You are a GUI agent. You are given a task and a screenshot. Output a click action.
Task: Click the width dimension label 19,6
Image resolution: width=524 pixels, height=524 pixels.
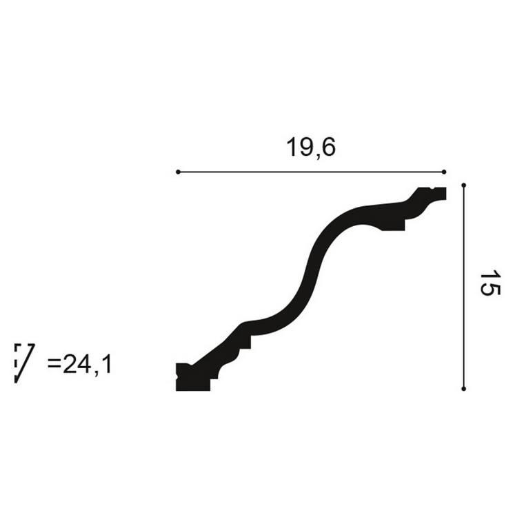pyautogui.click(x=311, y=147)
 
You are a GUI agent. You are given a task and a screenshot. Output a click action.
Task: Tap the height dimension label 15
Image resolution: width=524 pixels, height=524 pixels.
pyautogui.click(x=490, y=283)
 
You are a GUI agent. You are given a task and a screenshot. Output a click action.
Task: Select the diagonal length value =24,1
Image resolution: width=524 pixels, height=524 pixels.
pyautogui.click(x=79, y=364)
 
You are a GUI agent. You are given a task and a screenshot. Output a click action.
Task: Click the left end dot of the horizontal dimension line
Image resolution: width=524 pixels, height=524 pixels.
pyautogui.click(x=178, y=172)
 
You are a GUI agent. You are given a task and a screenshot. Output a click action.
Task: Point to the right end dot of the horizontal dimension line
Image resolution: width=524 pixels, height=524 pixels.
pyautogui.click(x=444, y=172)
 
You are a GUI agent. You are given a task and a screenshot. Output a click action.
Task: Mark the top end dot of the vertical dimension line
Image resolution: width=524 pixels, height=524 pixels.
pyautogui.click(x=463, y=185)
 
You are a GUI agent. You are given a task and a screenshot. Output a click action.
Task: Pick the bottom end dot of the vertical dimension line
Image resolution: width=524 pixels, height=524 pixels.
pyautogui.click(x=463, y=389)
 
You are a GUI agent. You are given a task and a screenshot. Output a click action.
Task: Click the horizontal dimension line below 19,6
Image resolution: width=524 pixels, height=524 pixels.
pyautogui.click(x=311, y=172)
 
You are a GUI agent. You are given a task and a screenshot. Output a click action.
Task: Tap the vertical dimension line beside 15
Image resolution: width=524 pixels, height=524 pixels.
pyautogui.click(x=463, y=287)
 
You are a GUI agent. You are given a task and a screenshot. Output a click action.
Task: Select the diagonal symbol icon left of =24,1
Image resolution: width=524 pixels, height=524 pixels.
pyautogui.click(x=25, y=363)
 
